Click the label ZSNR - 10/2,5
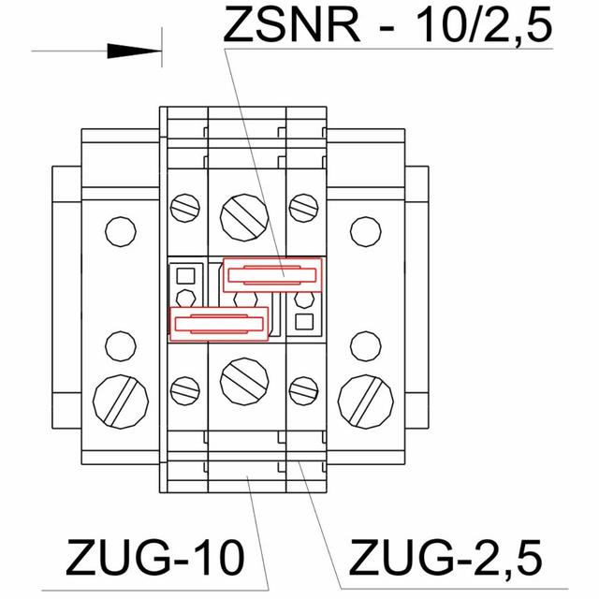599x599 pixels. point(385,25)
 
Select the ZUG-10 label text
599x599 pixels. point(154,559)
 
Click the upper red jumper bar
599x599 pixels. point(272,274)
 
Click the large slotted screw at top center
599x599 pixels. point(245,213)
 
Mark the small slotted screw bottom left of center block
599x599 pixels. point(185,387)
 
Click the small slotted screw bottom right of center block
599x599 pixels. point(302,387)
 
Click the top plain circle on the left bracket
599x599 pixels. point(120,230)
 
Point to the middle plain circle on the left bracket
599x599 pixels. point(120,345)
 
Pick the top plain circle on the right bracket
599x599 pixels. point(364,230)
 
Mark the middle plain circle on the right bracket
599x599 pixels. point(364,345)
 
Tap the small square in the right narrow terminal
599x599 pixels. point(302,323)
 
